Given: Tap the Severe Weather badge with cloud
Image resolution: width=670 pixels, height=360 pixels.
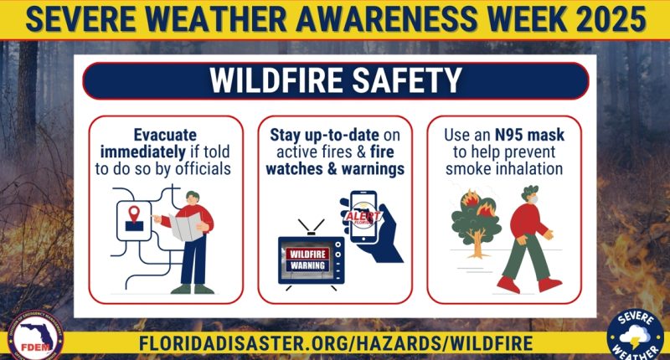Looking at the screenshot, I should pos(635,334).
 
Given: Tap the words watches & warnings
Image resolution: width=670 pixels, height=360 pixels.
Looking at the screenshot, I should pos(335,168).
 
